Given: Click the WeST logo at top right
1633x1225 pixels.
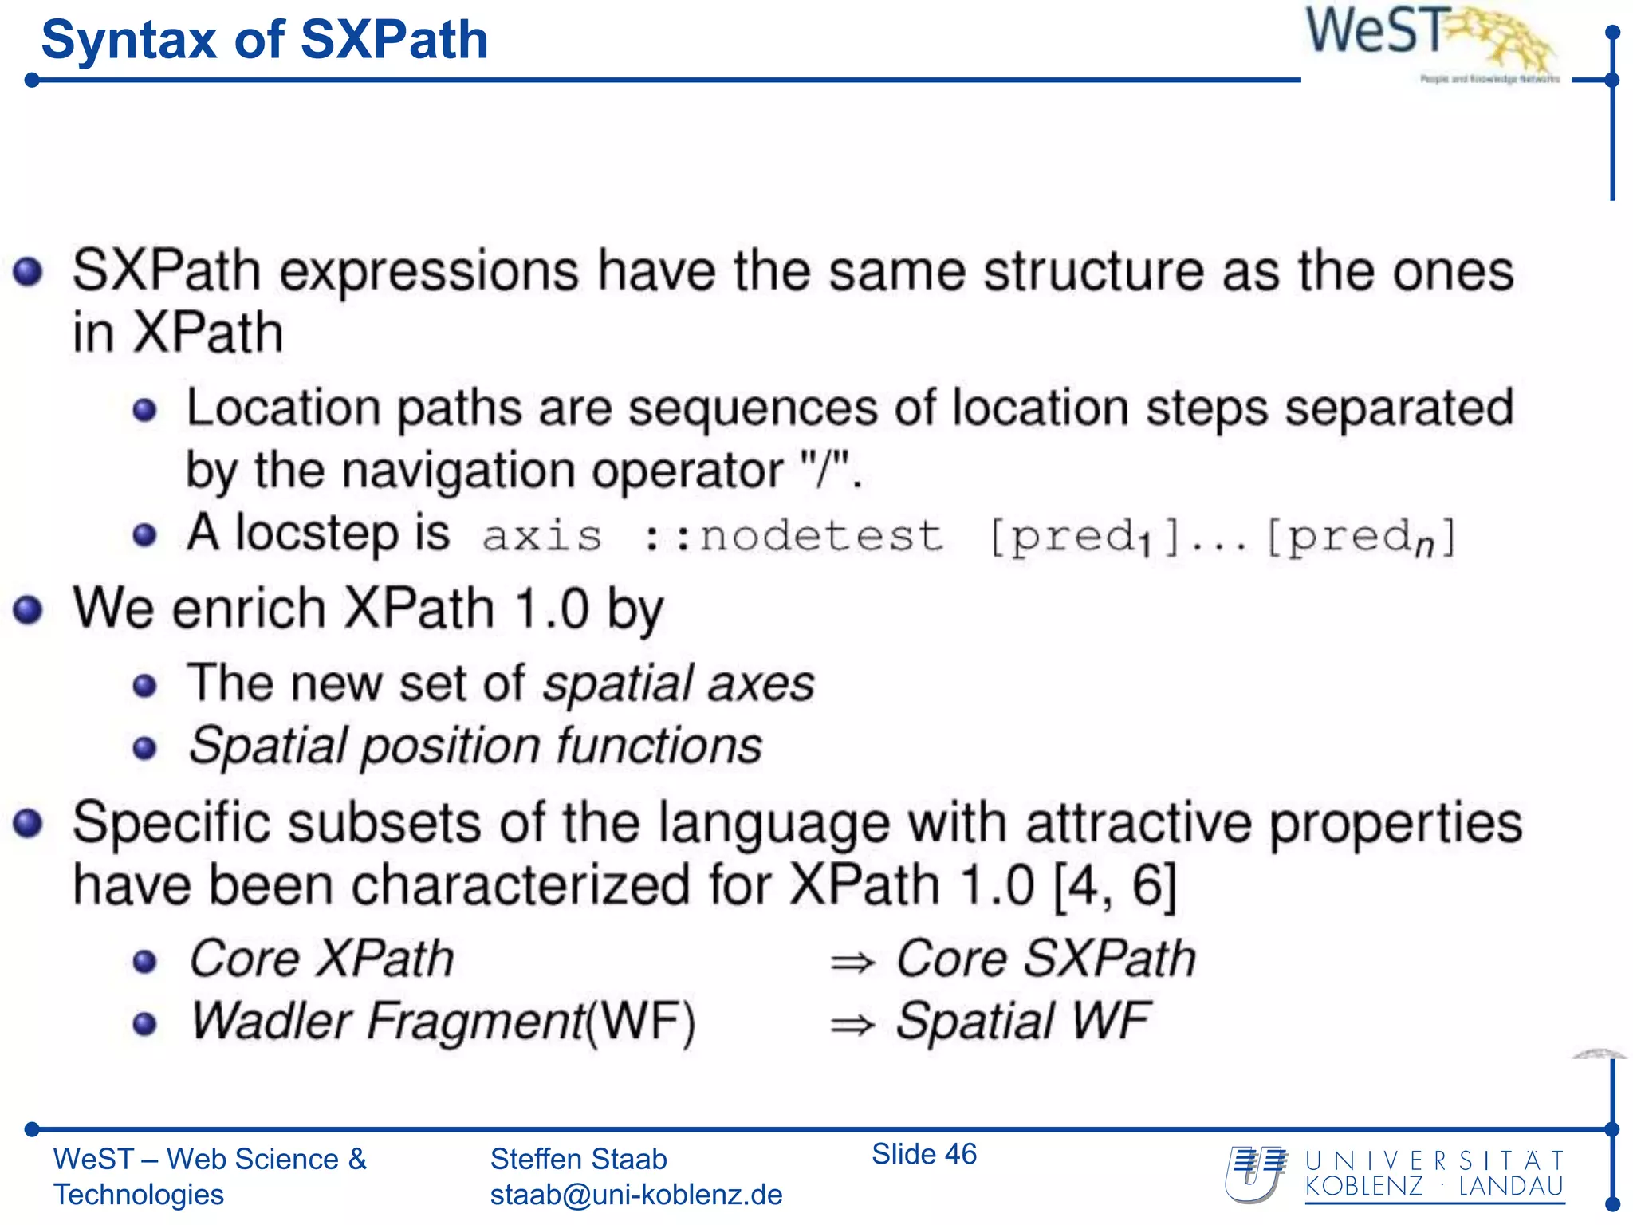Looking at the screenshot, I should pyautogui.click(x=1427, y=40).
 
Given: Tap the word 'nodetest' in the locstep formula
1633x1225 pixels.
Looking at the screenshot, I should pyautogui.click(x=820, y=536).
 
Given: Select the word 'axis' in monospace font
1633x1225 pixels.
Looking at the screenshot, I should pyautogui.click(x=542, y=536).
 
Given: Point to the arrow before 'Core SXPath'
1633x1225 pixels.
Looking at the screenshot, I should pyautogui.click(x=852, y=963).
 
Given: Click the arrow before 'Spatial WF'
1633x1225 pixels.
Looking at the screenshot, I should pyautogui.click(x=852, y=1025).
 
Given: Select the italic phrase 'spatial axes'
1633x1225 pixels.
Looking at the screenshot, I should pyautogui.click(x=679, y=684).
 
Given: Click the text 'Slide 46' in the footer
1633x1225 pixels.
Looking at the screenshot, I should pyautogui.click(x=923, y=1154).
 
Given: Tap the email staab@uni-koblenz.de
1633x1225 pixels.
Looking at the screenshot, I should pyautogui.click(x=635, y=1195).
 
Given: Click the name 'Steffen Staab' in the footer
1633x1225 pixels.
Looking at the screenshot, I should pyautogui.click(x=578, y=1159).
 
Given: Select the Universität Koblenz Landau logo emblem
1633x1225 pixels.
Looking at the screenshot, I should pyautogui.click(x=1256, y=1174).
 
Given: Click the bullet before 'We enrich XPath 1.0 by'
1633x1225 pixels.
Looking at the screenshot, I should pyautogui.click(x=28, y=610).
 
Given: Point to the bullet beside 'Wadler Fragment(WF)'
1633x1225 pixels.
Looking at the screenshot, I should pyautogui.click(x=144, y=1023).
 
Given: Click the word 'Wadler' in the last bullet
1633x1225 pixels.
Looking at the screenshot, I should pyautogui.click(x=271, y=1021).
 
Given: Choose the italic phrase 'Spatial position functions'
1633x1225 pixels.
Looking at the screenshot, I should pyautogui.click(x=475, y=746).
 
